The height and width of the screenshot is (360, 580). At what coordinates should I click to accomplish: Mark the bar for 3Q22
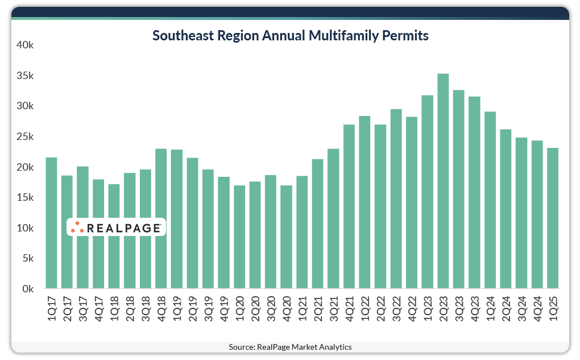tap(396, 199)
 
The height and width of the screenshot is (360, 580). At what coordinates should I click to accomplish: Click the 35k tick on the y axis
tap(25, 76)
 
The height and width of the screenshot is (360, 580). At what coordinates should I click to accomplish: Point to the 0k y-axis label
tap(27, 289)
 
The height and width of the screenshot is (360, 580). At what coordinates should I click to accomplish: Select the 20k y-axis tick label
tap(25, 167)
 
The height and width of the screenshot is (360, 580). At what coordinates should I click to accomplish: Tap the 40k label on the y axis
tap(25, 45)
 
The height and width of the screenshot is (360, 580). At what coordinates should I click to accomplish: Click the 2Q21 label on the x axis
tap(318, 307)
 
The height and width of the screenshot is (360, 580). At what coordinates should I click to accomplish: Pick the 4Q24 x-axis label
tap(537, 307)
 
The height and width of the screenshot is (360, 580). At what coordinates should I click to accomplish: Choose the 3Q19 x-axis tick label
tap(208, 307)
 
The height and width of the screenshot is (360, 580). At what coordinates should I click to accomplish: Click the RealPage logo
tap(116, 227)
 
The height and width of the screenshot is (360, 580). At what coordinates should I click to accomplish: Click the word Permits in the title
tap(404, 36)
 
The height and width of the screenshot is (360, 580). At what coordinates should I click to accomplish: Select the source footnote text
tap(290, 347)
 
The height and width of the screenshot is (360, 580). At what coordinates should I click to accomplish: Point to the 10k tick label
tap(25, 228)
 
